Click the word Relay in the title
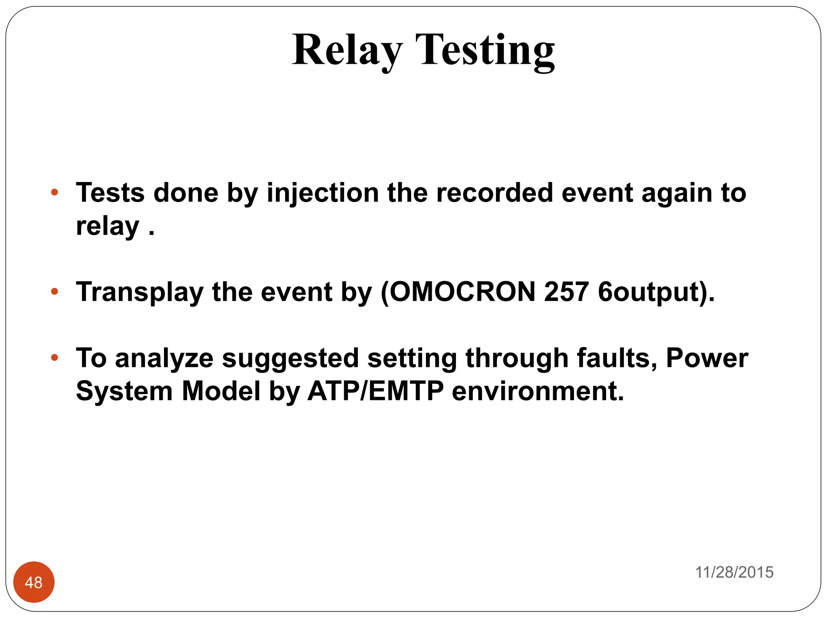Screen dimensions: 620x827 [x=347, y=50]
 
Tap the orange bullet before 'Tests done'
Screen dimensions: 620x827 [x=55, y=192]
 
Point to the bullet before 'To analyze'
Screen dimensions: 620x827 [x=55, y=357]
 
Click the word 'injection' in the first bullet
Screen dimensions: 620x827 [x=323, y=193]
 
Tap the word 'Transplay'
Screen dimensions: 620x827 [x=140, y=292]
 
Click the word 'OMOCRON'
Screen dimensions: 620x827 [x=462, y=291]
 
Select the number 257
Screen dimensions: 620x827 [x=566, y=291]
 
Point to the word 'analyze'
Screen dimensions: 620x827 [x=164, y=358]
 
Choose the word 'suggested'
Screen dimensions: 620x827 [x=290, y=358]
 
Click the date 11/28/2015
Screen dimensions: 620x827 [x=734, y=572]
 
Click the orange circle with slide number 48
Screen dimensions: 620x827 [x=34, y=582]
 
